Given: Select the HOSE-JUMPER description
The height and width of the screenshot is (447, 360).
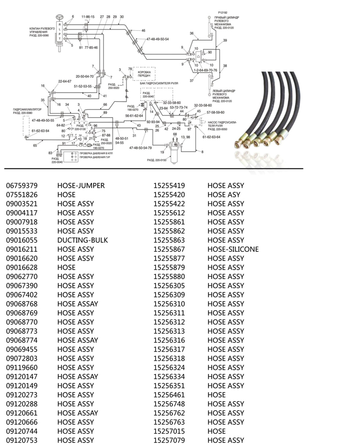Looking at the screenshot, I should (81, 185).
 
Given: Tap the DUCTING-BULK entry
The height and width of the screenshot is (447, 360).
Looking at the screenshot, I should (81, 240).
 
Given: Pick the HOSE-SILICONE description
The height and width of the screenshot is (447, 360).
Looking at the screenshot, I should (233, 249).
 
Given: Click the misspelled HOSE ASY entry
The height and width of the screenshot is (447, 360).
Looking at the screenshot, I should (224, 195).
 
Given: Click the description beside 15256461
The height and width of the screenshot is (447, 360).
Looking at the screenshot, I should (217, 395).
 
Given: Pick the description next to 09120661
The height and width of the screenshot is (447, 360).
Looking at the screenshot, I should (78, 413).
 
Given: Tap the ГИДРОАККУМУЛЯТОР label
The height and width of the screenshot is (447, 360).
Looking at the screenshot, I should (31, 110).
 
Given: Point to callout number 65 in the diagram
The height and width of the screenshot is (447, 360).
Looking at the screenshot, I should (35, 146).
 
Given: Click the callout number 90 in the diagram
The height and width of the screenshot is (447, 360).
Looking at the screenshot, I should (210, 52).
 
